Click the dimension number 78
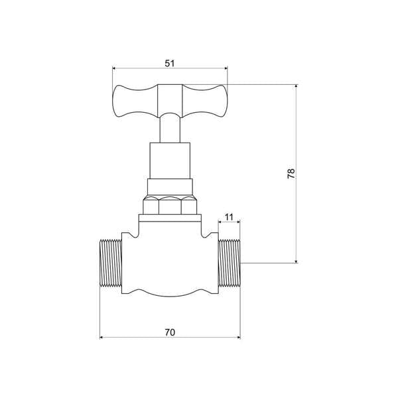pyautogui.click(x=291, y=174)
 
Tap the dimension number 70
pyautogui.click(x=170, y=331)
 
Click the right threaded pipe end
pyautogui.click(x=231, y=263)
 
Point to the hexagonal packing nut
pyautogui.click(x=170, y=205)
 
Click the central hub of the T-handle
pyautogui.click(x=170, y=100)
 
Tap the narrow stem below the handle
pyautogui.click(x=170, y=129)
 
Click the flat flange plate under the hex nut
pyautogui.click(x=170, y=218)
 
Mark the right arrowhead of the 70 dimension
pyautogui.click(x=238, y=336)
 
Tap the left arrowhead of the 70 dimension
pyautogui.click(x=101, y=336)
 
